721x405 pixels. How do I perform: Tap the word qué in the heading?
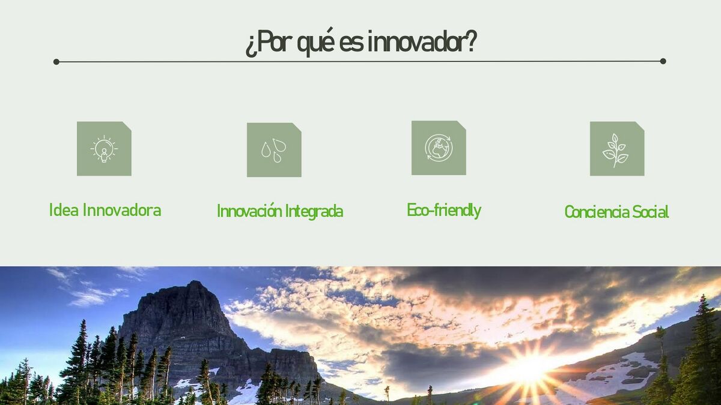coord(316,42)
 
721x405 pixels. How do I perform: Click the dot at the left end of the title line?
coord(56,62)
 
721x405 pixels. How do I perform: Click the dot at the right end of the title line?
coord(663,61)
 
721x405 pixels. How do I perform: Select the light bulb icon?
coord(104,149)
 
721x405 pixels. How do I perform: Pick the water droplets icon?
coord(274,150)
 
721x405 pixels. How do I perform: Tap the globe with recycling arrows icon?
coord(439,148)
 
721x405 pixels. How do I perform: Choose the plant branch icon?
coord(616,151)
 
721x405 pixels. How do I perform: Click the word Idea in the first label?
coord(64,210)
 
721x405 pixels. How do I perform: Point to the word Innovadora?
coord(122,210)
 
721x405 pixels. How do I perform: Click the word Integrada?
coord(314,211)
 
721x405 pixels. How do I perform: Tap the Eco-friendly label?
coord(444,210)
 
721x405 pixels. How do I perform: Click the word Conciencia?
coord(596,212)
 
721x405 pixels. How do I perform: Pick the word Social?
coord(650,212)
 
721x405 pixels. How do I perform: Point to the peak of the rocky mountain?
coord(194,281)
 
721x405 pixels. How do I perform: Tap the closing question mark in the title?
coord(471,41)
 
